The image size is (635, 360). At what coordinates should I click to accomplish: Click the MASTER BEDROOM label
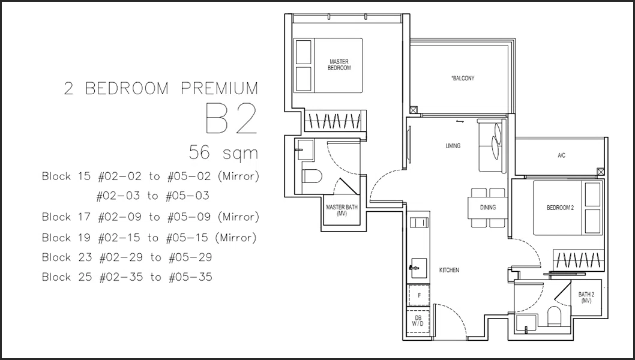coord(339,65)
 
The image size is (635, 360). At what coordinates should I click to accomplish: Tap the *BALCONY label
coord(463,78)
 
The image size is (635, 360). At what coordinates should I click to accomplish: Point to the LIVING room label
coord(453,146)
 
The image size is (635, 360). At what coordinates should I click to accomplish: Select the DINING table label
coord(487,208)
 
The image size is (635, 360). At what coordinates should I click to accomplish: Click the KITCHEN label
coord(449,270)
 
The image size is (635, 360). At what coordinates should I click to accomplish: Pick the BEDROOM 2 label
coord(560,208)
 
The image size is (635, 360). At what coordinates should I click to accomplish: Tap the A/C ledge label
coord(561,155)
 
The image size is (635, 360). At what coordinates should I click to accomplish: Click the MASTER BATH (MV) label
coord(342,210)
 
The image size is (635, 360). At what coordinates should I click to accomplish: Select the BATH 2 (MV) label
coord(586,297)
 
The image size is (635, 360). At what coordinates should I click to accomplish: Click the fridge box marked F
coord(419,295)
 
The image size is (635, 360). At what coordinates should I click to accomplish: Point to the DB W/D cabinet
coord(418,321)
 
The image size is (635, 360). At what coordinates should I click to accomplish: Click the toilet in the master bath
coord(312,176)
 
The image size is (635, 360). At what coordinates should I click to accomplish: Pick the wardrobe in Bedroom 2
coord(579,259)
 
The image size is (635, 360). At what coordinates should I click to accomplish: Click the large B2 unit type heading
coord(232,118)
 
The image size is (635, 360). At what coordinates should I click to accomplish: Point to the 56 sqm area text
coord(223,152)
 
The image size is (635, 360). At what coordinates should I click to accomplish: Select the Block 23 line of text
coord(127,257)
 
